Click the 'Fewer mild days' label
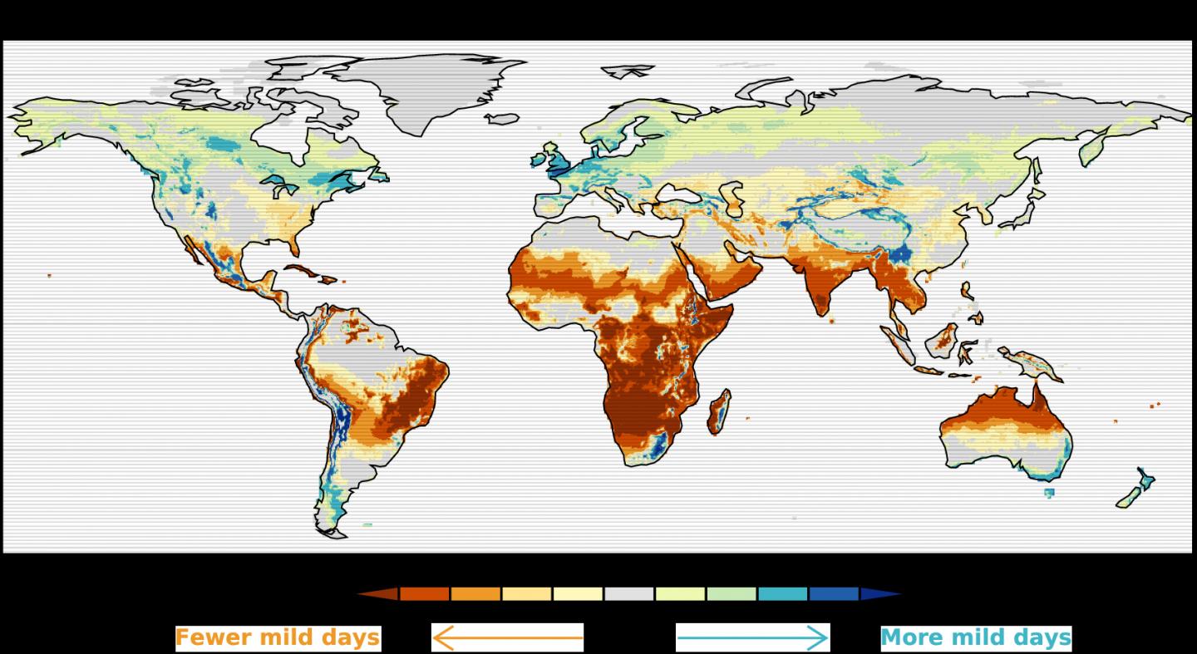tap(278, 638)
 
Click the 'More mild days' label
tap(975, 638)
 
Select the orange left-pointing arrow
tap(507, 638)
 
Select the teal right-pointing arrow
tap(752, 638)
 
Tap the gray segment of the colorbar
tap(629, 594)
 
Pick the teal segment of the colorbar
tap(782, 594)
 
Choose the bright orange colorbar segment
tap(475, 594)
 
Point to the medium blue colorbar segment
tap(833, 594)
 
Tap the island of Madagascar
tap(720, 413)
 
